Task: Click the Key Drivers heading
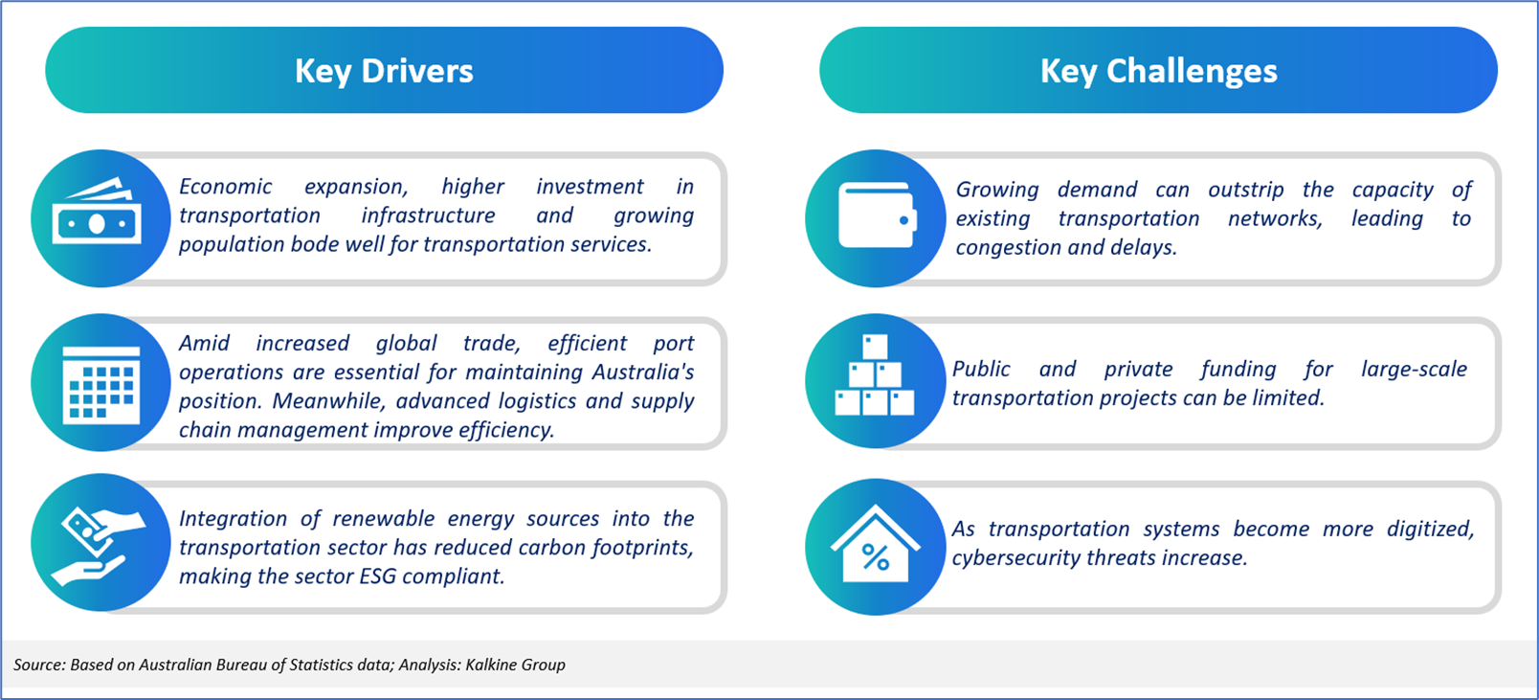click(x=384, y=72)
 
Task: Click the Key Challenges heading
click(x=1158, y=72)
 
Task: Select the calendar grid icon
click(x=101, y=385)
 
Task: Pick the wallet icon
click(x=878, y=215)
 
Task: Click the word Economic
click(x=225, y=187)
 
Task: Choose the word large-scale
click(x=1414, y=370)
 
